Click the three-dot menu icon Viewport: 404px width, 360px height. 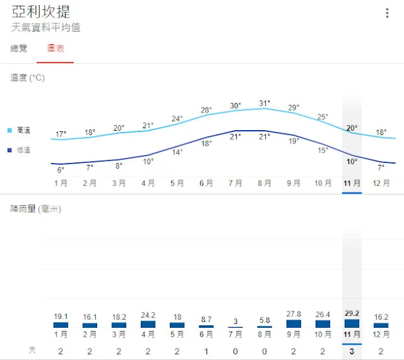(x=387, y=13)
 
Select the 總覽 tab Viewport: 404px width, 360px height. (x=19, y=49)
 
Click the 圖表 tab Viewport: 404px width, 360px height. (x=56, y=49)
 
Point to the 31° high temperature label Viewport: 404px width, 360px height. (x=264, y=103)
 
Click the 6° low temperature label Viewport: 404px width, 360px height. (x=61, y=170)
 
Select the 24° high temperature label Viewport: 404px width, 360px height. (x=177, y=118)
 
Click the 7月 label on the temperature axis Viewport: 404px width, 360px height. (x=235, y=183)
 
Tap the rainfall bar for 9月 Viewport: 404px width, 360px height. (x=294, y=324)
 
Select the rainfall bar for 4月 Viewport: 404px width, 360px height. (x=148, y=325)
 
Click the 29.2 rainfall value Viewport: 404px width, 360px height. (x=352, y=313)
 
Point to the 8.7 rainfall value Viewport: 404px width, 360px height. (x=206, y=320)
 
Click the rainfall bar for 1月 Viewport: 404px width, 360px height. (x=61, y=325)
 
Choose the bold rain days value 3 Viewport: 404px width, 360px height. (x=352, y=351)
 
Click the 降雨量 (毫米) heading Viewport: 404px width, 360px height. (x=35, y=208)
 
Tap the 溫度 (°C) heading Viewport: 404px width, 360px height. (x=28, y=78)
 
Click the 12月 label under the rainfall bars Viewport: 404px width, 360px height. (x=381, y=335)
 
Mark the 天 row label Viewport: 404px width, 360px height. (x=32, y=349)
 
